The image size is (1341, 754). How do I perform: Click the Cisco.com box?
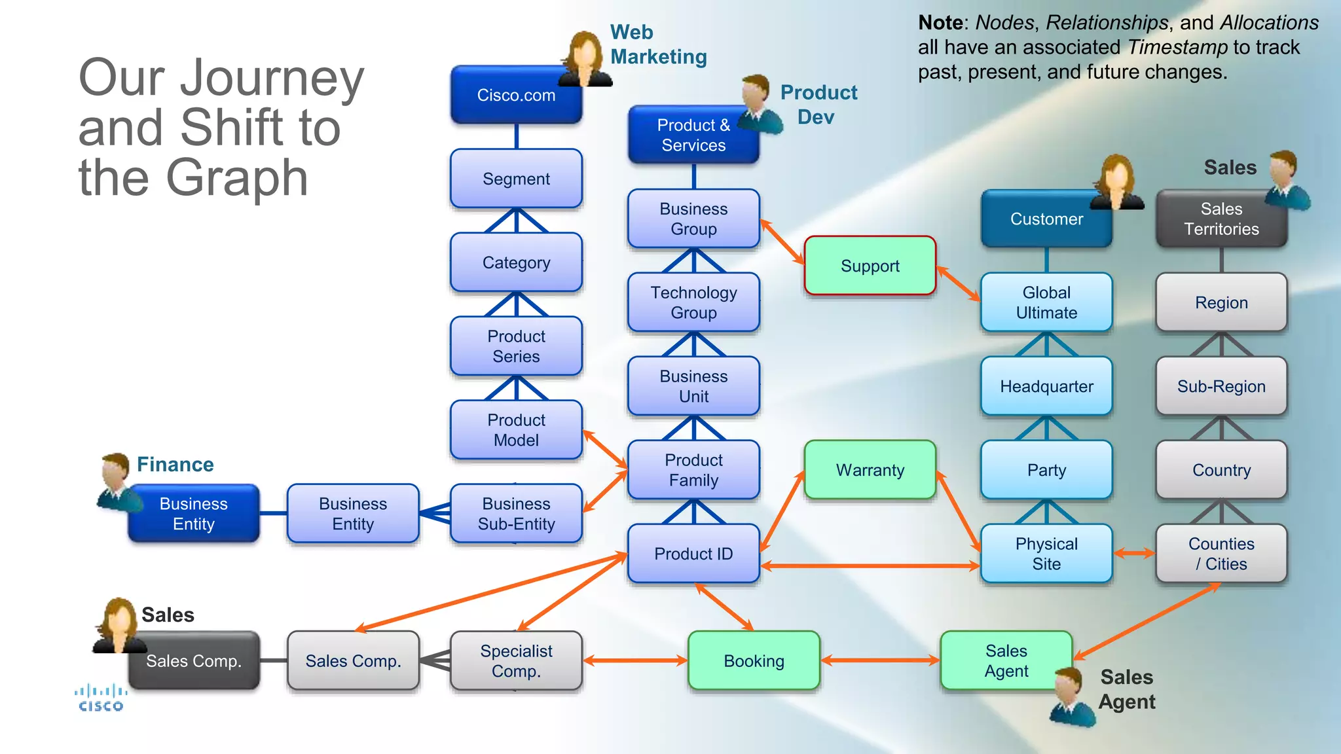tap(516, 96)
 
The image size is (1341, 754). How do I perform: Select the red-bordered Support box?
tap(870, 266)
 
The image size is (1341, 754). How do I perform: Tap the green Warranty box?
tap(870, 470)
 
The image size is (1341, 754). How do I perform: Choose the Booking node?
tap(754, 661)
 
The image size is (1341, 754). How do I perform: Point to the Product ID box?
tap(693, 554)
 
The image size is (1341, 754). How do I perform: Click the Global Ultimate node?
tap(1046, 302)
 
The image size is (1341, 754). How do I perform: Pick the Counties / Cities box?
tap(1221, 554)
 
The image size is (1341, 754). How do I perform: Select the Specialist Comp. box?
tap(516, 661)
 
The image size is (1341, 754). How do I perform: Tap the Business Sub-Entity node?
tap(516, 514)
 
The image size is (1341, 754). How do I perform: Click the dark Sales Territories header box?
tap(1221, 219)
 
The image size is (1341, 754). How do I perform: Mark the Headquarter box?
tap(1046, 386)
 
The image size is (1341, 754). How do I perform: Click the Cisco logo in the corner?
tap(100, 698)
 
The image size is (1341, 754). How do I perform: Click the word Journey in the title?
tap(272, 79)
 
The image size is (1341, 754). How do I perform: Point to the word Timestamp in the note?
tap(1177, 47)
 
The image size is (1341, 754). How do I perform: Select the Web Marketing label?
tap(658, 45)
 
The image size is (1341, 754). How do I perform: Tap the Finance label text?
tap(175, 465)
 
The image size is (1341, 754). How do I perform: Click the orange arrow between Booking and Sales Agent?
tap(880, 661)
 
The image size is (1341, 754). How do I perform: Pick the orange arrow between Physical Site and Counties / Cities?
tap(1134, 554)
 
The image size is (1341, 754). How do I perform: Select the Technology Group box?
tap(693, 302)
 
